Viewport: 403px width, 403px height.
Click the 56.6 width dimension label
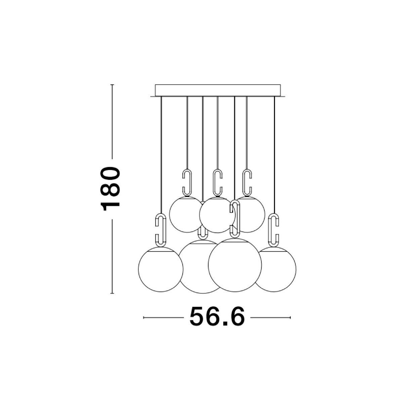(217, 317)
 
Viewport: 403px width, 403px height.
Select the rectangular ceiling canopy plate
(218, 90)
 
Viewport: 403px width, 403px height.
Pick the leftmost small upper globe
(184, 214)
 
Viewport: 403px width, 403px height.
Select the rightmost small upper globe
(251, 214)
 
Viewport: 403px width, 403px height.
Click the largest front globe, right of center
(235, 265)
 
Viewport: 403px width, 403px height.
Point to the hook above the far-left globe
(161, 230)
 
